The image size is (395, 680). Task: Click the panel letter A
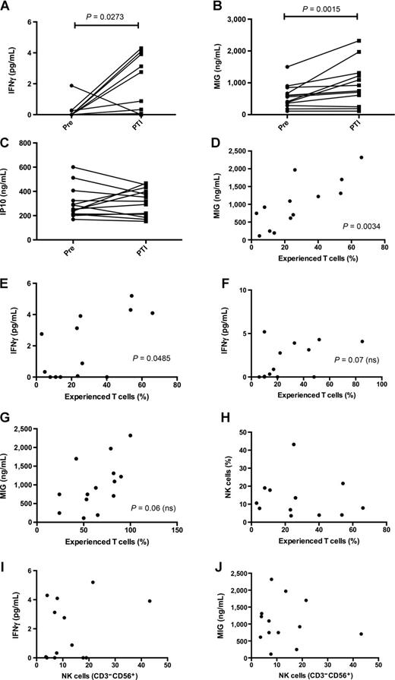pyautogui.click(x=6, y=8)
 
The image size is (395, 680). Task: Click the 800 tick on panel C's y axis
pyautogui.click(x=31, y=143)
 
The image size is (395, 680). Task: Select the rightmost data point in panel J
pyautogui.click(x=360, y=634)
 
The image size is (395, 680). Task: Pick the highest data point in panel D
pyautogui.click(x=362, y=157)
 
